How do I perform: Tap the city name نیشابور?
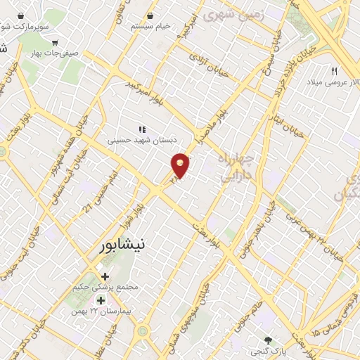120,245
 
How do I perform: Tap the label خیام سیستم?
150,26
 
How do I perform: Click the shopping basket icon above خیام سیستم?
149,15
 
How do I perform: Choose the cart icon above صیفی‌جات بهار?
55,41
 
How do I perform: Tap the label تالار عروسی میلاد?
330,82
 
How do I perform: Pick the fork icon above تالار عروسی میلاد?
335,71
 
